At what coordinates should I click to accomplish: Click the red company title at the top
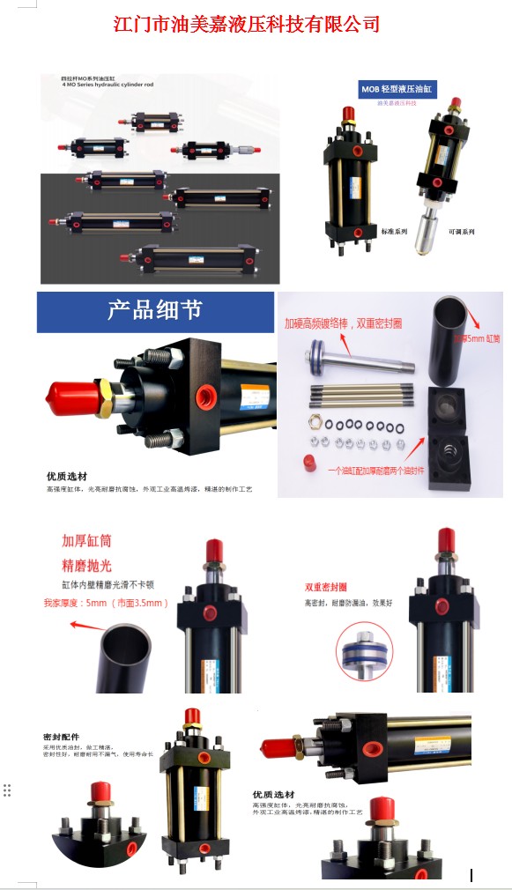click(x=247, y=24)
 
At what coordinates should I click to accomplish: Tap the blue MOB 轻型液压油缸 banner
click(x=398, y=89)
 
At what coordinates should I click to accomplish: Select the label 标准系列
click(x=394, y=232)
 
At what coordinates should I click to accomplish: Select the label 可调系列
click(x=462, y=232)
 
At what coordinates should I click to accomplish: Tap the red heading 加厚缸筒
click(x=86, y=540)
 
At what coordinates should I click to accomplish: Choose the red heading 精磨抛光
click(x=86, y=565)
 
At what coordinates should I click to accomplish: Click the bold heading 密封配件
click(x=59, y=737)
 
